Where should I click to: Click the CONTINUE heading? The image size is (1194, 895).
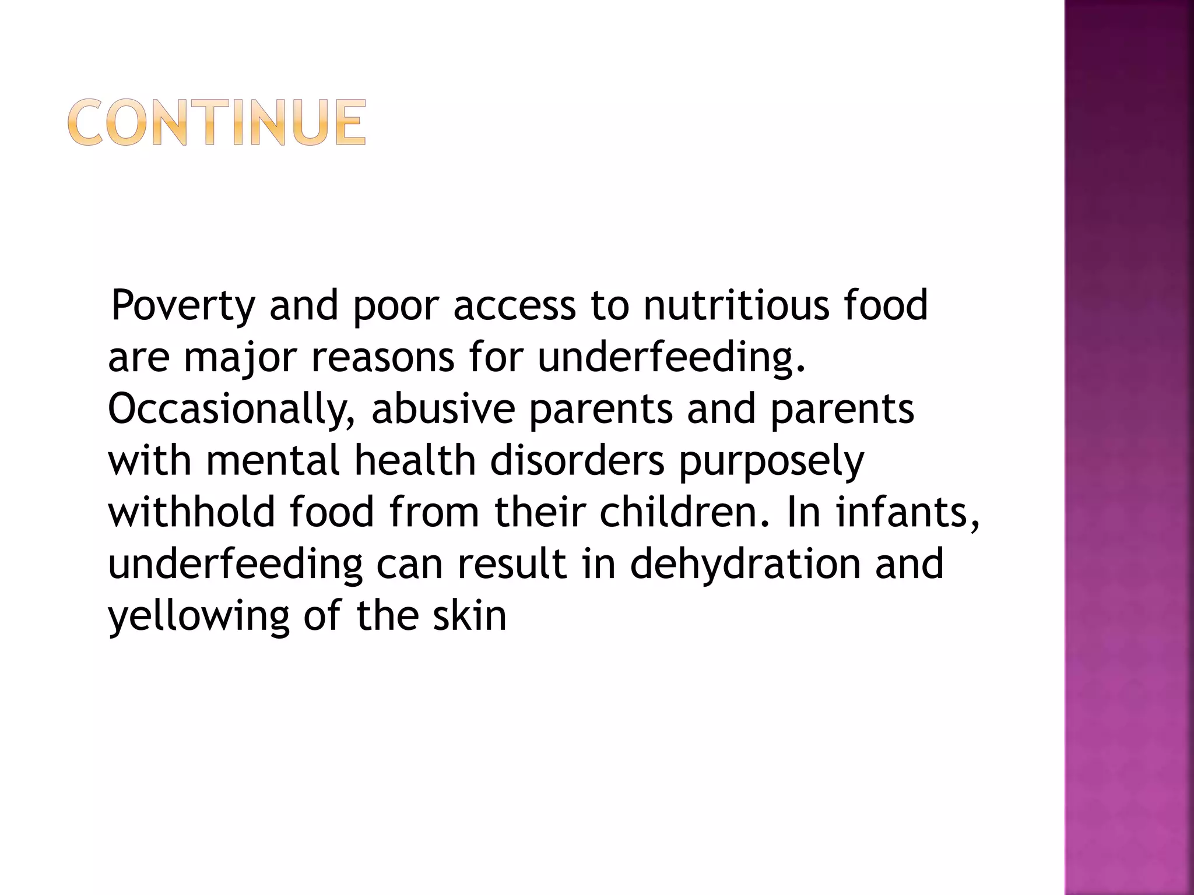217,122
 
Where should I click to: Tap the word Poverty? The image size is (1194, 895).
183,306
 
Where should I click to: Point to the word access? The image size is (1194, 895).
514,306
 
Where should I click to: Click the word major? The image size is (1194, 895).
240,358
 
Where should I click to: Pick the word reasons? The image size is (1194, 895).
382,358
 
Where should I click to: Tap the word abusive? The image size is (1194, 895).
443,408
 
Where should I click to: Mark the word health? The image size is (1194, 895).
415,460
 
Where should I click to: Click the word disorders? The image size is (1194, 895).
577,460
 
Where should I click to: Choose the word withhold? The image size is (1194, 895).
191,512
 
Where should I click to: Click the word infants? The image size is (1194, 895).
907,512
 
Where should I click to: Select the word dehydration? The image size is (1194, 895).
745,564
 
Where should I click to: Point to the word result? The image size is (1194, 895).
512,564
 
